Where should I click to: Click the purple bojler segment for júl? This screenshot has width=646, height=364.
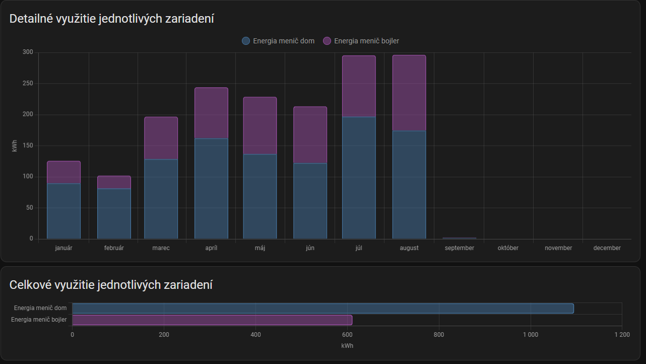pos(359,86)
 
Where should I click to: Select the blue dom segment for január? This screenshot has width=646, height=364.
pos(63,211)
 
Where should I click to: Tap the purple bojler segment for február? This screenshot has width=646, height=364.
pos(114,182)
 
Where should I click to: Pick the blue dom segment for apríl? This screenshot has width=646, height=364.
pos(211,189)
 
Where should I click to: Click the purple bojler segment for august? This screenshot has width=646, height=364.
pos(409,93)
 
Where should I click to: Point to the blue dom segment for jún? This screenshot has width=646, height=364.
pos(310,201)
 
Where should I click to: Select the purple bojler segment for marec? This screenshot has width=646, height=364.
pos(161,138)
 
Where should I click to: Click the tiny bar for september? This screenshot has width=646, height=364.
pos(459,238)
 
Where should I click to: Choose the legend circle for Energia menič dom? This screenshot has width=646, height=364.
pos(246,41)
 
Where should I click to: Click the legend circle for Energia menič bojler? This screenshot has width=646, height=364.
pos(327,41)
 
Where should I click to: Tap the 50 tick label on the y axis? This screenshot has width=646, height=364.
pos(29,208)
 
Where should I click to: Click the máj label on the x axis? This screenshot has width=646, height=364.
pos(260,248)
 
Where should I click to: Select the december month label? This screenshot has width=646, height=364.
pos(607,248)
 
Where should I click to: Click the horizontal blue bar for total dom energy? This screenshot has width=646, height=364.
pos(322,308)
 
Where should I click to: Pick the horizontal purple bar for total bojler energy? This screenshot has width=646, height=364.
pos(212,320)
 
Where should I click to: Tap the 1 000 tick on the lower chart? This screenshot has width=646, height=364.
pos(531,335)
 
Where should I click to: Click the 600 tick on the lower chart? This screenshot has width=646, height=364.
pos(347,335)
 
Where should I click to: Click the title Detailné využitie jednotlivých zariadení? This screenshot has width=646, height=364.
pos(112,19)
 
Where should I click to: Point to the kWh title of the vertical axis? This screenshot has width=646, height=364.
pos(14,146)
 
